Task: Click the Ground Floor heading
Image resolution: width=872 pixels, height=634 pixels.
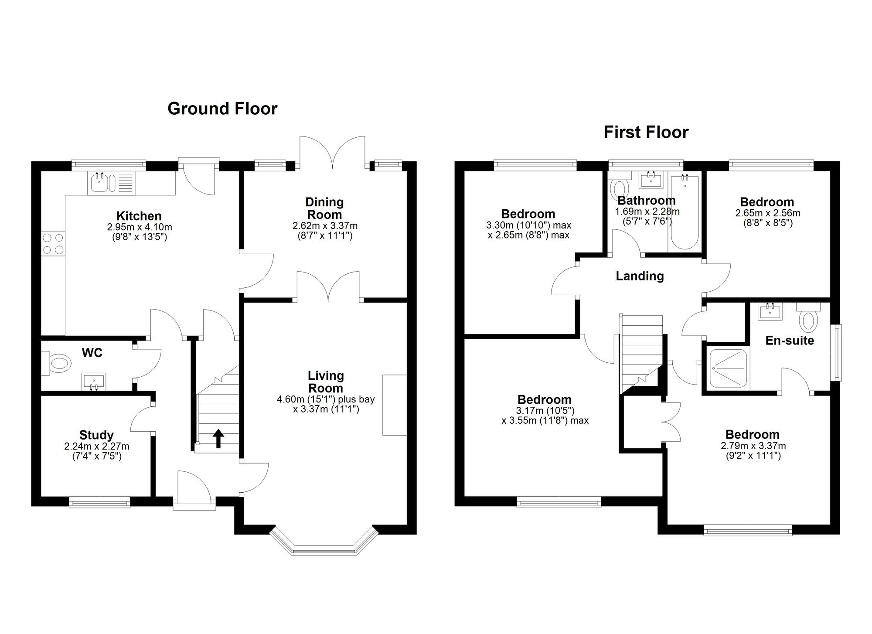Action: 222,109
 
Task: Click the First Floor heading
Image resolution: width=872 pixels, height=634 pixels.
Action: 646,132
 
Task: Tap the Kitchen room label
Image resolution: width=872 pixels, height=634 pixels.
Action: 139,216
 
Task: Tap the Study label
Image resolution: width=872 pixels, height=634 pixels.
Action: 96,435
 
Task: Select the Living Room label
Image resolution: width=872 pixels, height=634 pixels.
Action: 326,382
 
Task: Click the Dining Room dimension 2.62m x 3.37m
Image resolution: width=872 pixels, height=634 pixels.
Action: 325,226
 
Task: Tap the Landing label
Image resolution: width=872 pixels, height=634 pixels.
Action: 640,276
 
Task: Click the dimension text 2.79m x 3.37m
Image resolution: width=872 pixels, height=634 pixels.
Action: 753,446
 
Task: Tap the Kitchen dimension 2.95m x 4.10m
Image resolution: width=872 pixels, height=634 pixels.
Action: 140,227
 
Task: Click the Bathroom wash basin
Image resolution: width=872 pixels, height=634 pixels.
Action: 651,180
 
